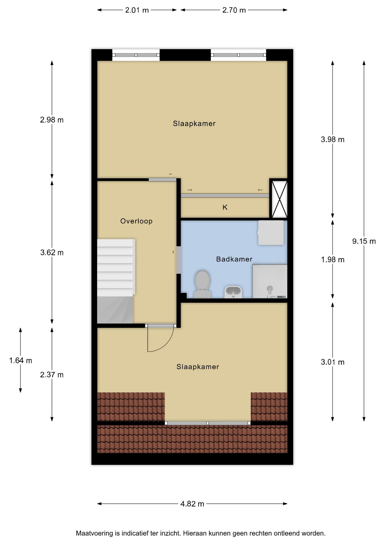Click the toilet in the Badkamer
[202, 284]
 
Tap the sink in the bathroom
[233, 292]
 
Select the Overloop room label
[136, 221]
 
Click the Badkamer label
[234, 259]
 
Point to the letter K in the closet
[225, 207]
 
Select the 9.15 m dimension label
[364, 241]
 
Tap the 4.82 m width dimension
[192, 504]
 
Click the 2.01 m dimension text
[137, 10]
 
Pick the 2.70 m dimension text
[234, 10]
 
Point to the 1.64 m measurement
[21, 360]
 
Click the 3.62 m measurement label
[52, 252]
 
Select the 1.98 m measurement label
[333, 260]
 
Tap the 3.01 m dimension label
[333, 362]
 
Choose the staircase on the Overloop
[115, 281]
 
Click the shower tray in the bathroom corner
[270, 281]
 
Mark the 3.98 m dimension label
[333, 139]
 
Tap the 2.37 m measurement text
[52, 375]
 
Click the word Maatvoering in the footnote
[94, 533]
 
